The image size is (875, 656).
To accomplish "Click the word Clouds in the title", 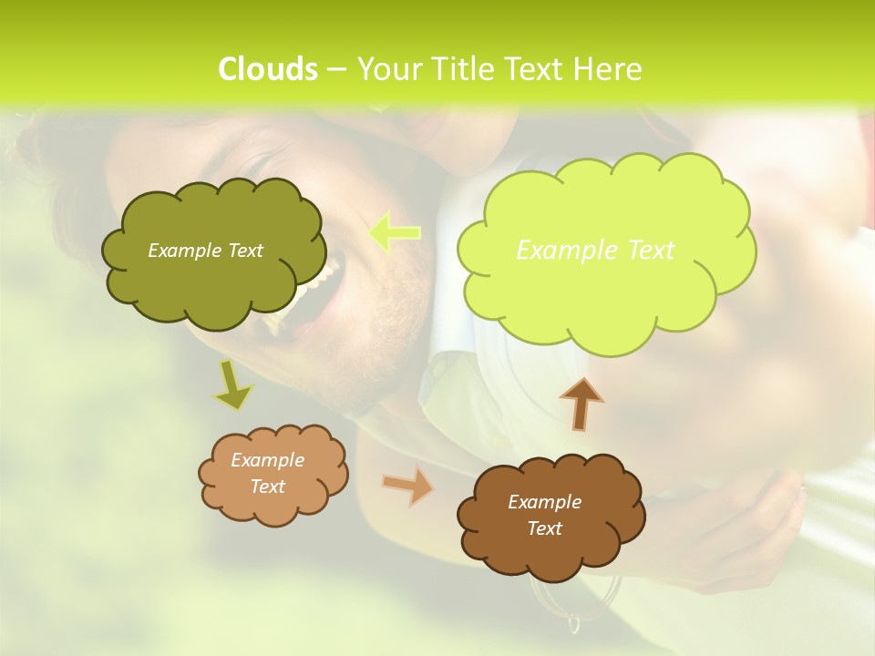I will coord(268,69).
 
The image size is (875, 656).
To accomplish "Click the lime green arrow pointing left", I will coord(394,232).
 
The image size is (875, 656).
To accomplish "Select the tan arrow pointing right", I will coord(408,486).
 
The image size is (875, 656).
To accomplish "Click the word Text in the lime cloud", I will coord(645,251).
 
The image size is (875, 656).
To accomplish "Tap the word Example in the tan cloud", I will coord(267,460).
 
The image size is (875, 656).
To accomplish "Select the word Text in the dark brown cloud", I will coord(544,528).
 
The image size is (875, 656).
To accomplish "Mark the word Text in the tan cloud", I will coord(267,487).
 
